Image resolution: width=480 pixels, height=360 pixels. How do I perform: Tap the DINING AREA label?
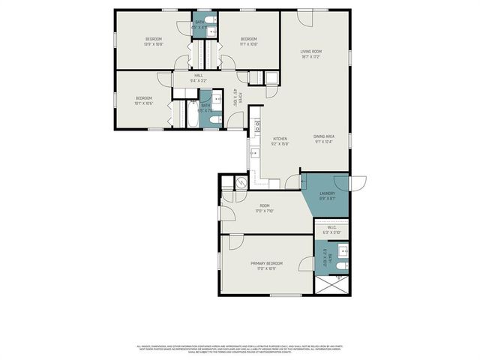coord(323,136)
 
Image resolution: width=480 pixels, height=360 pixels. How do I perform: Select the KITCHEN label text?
coord(280,139)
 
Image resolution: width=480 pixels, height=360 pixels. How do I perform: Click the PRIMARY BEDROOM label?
coord(266,263)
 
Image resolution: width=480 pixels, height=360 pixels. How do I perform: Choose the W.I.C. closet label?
coord(331,229)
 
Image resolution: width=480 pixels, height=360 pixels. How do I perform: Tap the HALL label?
coord(199,75)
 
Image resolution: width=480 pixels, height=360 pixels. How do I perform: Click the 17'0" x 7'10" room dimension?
coord(264,211)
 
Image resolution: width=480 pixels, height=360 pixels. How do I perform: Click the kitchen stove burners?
coord(256,122)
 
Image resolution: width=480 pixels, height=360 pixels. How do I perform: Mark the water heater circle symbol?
coord(241,182)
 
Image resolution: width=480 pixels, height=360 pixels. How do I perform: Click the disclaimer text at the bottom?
coord(240,349)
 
